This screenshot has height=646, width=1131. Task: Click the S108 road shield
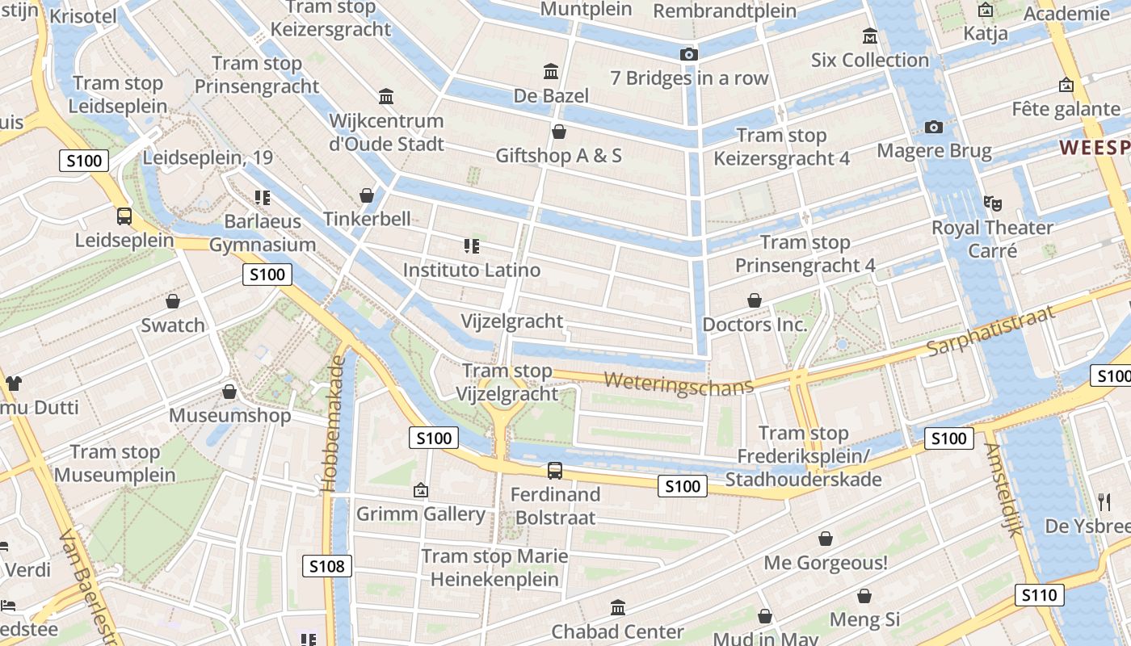327,566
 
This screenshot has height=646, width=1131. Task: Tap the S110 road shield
1039,596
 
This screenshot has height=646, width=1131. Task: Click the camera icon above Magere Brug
934,127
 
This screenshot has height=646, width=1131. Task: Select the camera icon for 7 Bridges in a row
688,54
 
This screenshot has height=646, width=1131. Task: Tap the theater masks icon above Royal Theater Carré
992,203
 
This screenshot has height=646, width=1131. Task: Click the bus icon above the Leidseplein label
124,216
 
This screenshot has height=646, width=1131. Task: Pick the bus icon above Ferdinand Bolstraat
555,470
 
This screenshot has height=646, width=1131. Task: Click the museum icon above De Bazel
551,72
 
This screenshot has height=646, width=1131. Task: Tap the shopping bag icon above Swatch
173,301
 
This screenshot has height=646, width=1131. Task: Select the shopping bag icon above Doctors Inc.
755,300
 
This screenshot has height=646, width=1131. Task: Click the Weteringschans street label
679,383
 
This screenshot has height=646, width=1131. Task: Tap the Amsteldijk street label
1003,489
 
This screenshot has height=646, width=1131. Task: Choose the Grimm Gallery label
421,514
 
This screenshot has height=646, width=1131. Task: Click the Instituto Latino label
472,270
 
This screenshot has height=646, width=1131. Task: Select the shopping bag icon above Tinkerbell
367,195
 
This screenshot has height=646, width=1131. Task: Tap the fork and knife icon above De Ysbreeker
1104,502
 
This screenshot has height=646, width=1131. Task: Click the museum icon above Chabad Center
618,607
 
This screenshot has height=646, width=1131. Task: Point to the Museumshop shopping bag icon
229,392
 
